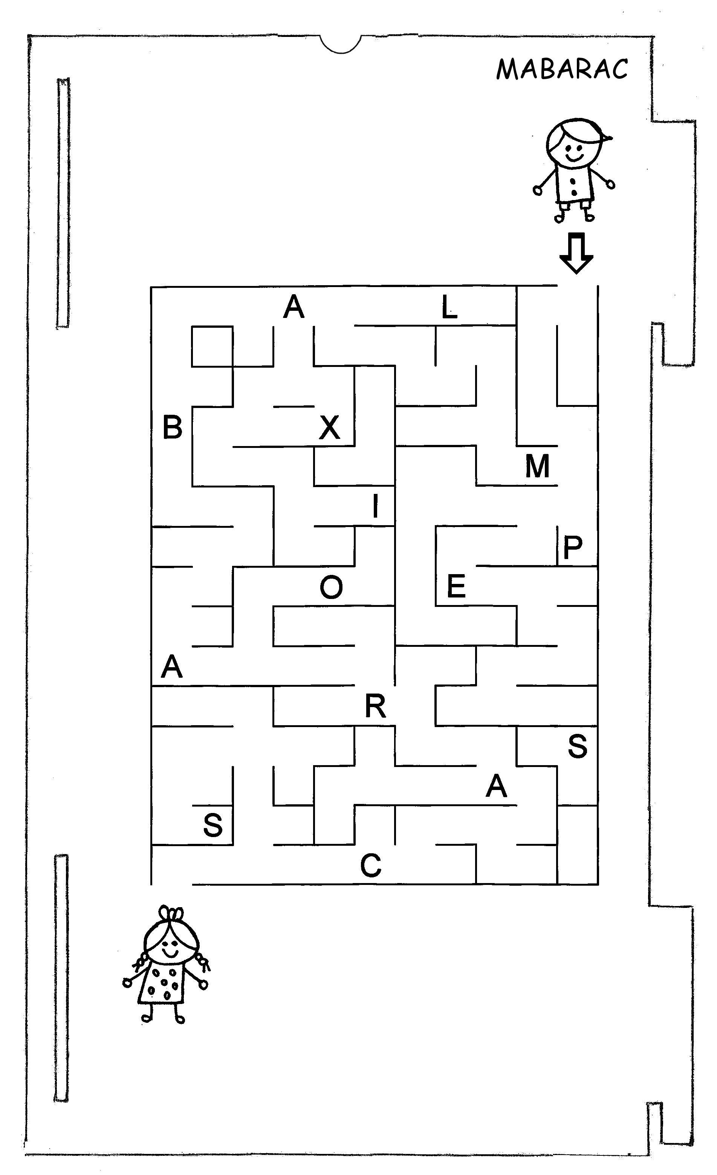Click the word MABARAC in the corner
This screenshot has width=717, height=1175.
coord(562,69)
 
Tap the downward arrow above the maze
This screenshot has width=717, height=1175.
coord(576,253)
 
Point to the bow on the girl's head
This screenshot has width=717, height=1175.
coord(171,914)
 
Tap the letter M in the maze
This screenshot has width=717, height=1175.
coord(537,466)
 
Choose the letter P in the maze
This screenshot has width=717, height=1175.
coord(573,547)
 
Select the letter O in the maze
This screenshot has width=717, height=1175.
coord(331,587)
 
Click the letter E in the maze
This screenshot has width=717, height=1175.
coord(456,586)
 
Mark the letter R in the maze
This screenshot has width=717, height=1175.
coord(375,706)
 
